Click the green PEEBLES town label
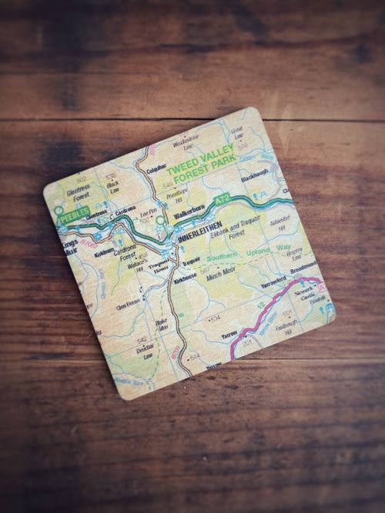pyautogui.click(x=75, y=214)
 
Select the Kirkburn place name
pyautogui.click(x=104, y=250)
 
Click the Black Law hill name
pyautogui.click(x=114, y=186)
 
